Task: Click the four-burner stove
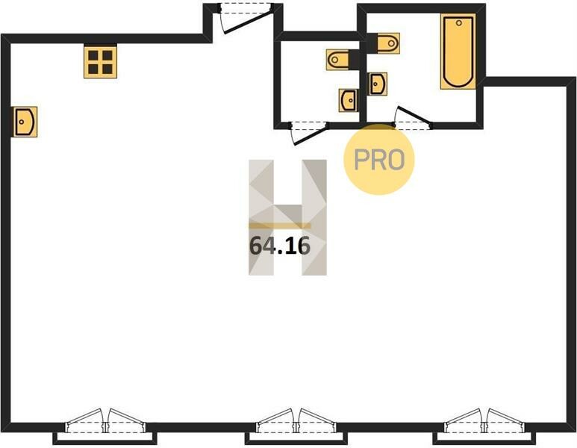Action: [101, 62]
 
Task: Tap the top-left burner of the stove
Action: [93, 55]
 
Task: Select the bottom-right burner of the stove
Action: [107, 69]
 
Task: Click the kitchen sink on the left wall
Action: [25, 122]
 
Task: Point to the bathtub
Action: [458, 52]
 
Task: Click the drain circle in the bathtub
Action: [458, 23]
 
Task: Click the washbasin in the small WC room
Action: [348, 101]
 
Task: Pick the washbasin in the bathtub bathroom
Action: [378, 84]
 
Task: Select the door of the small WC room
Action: [310, 132]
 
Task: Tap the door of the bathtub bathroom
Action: [413, 116]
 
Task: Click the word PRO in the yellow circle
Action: [379, 160]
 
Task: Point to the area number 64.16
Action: [280, 246]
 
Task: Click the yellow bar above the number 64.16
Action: [280, 225]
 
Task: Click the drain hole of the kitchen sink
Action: [22, 122]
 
